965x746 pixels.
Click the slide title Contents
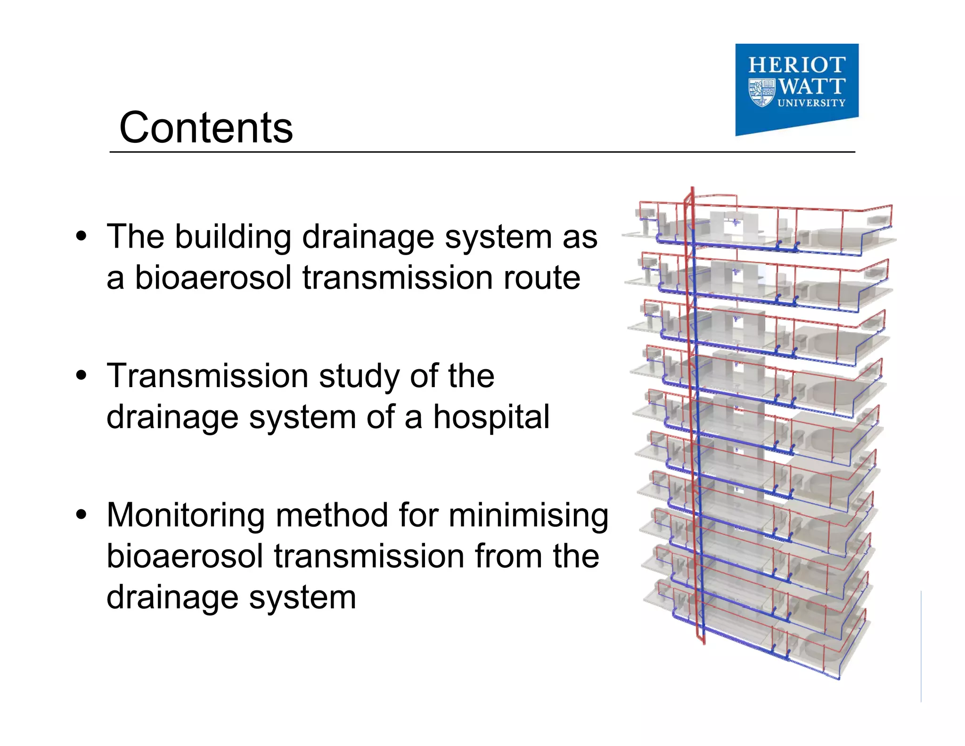tap(206, 128)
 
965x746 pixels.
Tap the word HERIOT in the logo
tap(797, 65)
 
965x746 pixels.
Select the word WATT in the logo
tap(811, 86)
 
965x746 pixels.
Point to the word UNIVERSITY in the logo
tap(811, 103)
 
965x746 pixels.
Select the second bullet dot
tap(82, 375)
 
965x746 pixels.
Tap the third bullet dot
tap(82, 514)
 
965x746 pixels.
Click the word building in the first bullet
tap(233, 237)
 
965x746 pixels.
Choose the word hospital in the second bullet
tap(491, 417)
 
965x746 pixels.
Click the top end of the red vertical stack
tap(692, 189)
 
